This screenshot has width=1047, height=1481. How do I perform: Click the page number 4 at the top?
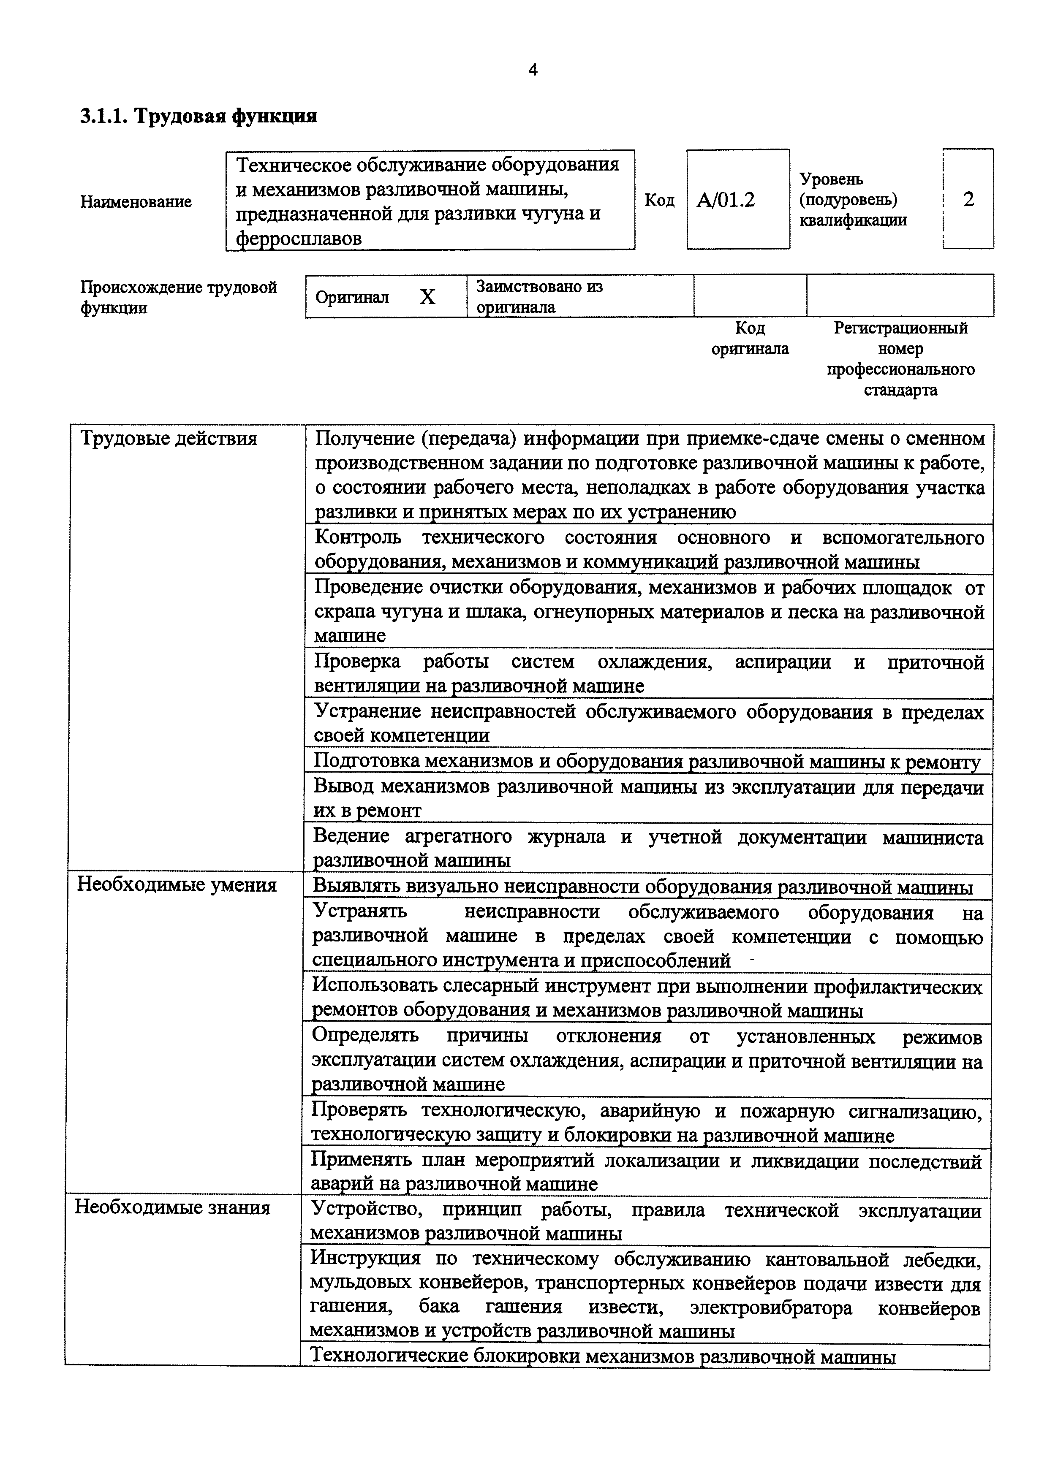(x=532, y=70)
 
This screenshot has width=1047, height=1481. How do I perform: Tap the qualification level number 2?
(x=968, y=199)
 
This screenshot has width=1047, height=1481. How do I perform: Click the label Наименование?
(x=136, y=201)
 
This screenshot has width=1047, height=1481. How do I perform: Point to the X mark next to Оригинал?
(x=428, y=297)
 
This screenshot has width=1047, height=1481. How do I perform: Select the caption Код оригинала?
(x=750, y=339)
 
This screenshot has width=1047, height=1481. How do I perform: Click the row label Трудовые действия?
(x=169, y=439)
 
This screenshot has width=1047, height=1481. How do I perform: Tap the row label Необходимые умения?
(x=177, y=884)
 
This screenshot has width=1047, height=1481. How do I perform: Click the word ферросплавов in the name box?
(x=299, y=239)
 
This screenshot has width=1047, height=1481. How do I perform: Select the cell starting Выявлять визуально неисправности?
(x=642, y=887)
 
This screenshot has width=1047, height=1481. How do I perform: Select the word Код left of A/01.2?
(x=659, y=201)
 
